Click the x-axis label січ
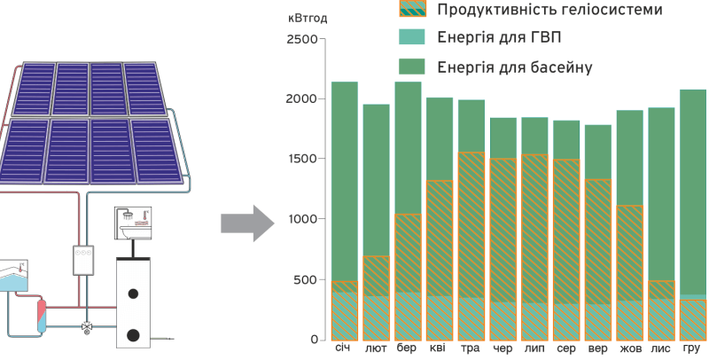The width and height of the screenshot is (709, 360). click(x=344, y=348)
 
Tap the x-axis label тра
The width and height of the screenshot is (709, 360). click(x=471, y=348)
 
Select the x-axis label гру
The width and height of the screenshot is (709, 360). click(x=692, y=348)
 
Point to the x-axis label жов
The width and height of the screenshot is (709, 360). click(x=629, y=348)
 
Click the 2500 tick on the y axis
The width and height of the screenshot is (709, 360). click(x=301, y=39)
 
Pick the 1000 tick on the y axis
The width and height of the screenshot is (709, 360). click(x=301, y=219)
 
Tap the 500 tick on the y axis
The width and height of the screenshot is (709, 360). click(x=306, y=280)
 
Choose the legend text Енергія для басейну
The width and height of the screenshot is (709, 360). click(x=514, y=67)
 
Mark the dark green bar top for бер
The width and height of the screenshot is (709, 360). click(x=408, y=83)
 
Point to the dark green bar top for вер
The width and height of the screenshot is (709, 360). click(x=597, y=126)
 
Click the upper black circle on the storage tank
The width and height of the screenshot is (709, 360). click(x=134, y=293)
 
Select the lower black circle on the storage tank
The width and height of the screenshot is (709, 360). click(x=134, y=334)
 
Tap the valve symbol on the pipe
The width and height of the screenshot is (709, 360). click(x=86, y=326)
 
